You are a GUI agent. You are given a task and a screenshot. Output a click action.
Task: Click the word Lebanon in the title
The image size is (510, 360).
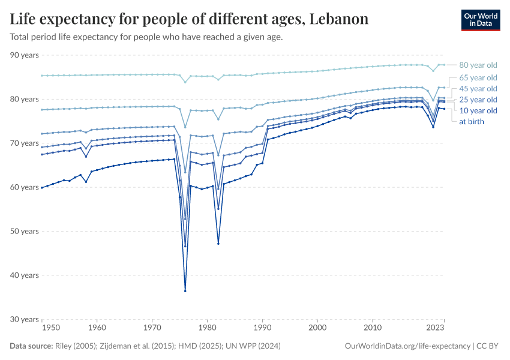pyautogui.click(x=338, y=19)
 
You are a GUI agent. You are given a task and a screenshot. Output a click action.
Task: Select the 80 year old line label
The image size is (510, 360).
pyautogui.click(x=478, y=65)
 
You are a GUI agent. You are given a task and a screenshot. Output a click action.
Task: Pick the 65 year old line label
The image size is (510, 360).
pyautogui.click(x=478, y=78)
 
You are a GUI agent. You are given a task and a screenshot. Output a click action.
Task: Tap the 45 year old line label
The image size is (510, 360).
pyautogui.click(x=478, y=89)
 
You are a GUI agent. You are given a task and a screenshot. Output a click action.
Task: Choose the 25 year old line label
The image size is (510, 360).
pyautogui.click(x=478, y=100)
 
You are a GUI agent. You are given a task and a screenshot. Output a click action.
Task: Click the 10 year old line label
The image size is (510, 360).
pyautogui.click(x=478, y=110)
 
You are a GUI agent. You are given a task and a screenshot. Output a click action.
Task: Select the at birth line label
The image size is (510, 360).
pyautogui.click(x=472, y=122)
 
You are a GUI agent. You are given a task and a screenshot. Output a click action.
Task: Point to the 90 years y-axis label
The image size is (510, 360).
pyautogui.click(x=25, y=55)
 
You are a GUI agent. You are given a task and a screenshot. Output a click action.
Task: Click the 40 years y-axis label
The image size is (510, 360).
pyautogui.click(x=25, y=275)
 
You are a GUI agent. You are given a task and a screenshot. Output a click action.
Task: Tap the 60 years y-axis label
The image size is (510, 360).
pyautogui.click(x=25, y=187)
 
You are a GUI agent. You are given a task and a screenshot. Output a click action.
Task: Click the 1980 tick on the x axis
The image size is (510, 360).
pyautogui.click(x=208, y=328)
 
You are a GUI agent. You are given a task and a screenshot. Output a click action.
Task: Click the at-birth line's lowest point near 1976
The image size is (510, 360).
pyautogui.click(x=185, y=291)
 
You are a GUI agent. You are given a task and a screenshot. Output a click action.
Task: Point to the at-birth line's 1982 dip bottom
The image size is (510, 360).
pyautogui.click(x=218, y=243)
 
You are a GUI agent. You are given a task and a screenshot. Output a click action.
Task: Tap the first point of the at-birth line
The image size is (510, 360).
pyautogui.click(x=41, y=187)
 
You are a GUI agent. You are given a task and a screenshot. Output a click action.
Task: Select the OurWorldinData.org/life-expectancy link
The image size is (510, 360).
pyautogui.click(x=407, y=346)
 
